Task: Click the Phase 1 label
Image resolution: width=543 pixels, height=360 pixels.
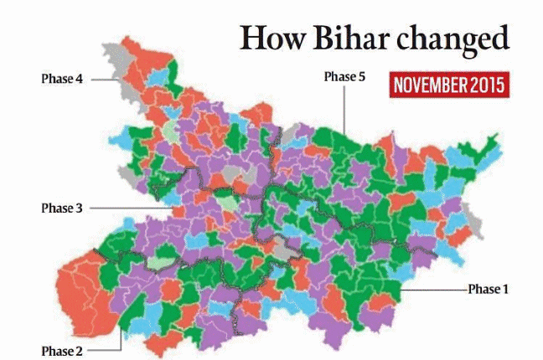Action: pos(488,289)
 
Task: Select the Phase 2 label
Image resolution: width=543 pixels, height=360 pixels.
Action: pos(61,349)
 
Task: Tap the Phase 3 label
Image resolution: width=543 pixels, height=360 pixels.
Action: pos(61,208)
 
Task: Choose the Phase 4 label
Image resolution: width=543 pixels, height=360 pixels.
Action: pos(61,80)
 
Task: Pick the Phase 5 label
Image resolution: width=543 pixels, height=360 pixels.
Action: pos(344,76)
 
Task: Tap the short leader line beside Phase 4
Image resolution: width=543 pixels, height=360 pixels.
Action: pos(102,80)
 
